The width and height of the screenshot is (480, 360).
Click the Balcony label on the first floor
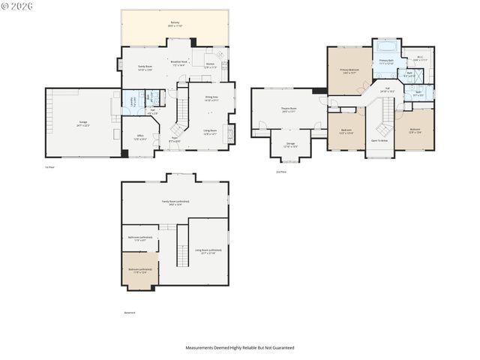(x=175, y=24)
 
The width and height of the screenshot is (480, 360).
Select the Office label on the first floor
(x=139, y=136)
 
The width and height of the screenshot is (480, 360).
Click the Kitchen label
(x=210, y=65)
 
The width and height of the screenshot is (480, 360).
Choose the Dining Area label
(x=211, y=98)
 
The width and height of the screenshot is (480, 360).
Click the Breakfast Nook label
(x=179, y=63)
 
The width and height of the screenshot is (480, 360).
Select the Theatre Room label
(x=289, y=110)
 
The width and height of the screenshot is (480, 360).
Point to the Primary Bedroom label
(x=349, y=71)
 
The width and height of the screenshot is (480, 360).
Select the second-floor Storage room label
(x=290, y=145)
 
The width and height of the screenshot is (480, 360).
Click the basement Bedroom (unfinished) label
(x=139, y=270)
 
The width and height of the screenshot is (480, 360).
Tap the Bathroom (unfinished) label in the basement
(x=140, y=238)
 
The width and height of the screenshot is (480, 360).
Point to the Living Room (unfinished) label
(x=208, y=251)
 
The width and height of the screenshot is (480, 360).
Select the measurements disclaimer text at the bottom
(x=240, y=348)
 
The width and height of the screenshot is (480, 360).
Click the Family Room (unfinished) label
(x=175, y=202)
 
